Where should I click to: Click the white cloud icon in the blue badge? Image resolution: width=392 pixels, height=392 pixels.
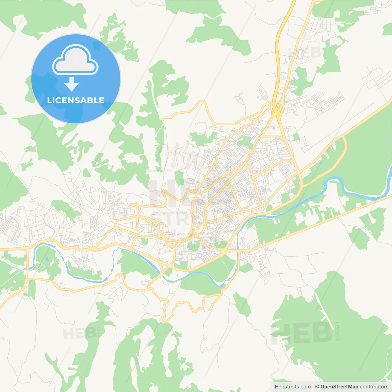coord(75,60)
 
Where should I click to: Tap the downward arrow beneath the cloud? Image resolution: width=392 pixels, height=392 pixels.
coord(71,84)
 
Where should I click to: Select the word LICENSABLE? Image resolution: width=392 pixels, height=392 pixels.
coord(76,100)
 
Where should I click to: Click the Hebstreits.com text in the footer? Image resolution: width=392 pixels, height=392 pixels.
coord(292,387)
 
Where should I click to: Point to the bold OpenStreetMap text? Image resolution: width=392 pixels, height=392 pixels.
coord(339,387)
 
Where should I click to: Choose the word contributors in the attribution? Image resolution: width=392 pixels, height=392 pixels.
coord(374,387)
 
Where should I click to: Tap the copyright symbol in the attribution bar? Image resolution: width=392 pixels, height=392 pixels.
coord(317,387)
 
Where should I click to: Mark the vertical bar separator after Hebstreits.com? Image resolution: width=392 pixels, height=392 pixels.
coord(313,387)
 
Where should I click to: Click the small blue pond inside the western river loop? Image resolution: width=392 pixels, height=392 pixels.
coord(47,259)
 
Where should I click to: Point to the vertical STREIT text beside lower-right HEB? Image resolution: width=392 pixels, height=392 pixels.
coord(337,331)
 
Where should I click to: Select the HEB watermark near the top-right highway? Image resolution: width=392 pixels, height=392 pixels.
coord(305,53)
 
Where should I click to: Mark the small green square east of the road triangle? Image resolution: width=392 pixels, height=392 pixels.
coord(296,137)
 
